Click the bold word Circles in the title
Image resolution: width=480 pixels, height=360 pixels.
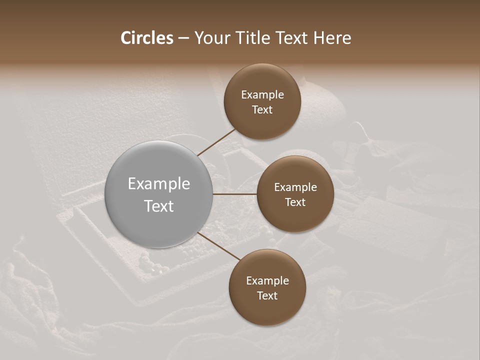coord(147,38)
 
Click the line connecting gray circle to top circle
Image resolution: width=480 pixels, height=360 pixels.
coord(217,141)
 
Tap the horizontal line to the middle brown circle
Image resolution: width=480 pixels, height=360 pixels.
coord(235,194)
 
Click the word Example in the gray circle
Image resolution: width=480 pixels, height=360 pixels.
coord(159,184)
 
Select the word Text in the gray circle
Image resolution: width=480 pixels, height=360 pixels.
coord(159,206)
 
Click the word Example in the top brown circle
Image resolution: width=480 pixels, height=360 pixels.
coord(262,95)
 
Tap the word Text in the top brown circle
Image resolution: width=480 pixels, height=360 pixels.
coord(262,110)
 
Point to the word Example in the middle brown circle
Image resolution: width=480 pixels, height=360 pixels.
coord(295,187)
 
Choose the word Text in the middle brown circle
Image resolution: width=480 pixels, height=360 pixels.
coord(295,202)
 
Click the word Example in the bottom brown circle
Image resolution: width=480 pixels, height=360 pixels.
coord(267,281)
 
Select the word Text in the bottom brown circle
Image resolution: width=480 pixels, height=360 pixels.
coord(267,296)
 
